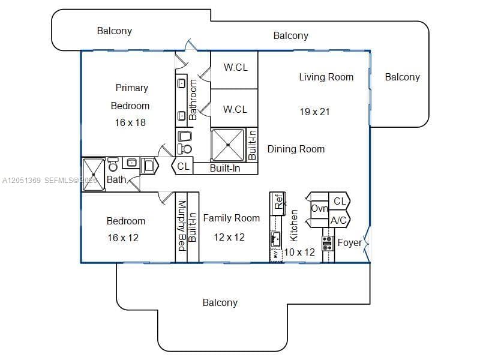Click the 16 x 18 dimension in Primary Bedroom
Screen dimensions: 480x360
point(130,123)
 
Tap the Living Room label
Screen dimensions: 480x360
point(326,77)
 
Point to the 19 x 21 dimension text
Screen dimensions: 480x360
point(314,112)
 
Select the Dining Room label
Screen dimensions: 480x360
point(296,149)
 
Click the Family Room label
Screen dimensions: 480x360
point(232,218)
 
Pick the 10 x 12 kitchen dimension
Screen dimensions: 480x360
point(299,252)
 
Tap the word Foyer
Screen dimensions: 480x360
point(350,243)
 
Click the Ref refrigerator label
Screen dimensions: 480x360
point(278,202)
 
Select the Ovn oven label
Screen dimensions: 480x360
point(320,209)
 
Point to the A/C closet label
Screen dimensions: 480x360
point(338,220)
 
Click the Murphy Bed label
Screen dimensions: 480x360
point(182,226)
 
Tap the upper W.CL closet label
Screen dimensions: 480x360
point(236,67)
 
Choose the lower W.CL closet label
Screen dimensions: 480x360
point(235,109)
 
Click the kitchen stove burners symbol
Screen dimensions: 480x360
point(328,244)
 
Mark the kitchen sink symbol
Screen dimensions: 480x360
point(275,239)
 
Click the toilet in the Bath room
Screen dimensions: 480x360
point(113,164)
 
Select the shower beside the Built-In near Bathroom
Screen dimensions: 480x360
point(228,145)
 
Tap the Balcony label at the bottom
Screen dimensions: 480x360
point(220,303)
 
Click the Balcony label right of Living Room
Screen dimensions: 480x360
point(402,77)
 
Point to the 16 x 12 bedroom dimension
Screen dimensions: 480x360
point(123,238)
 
